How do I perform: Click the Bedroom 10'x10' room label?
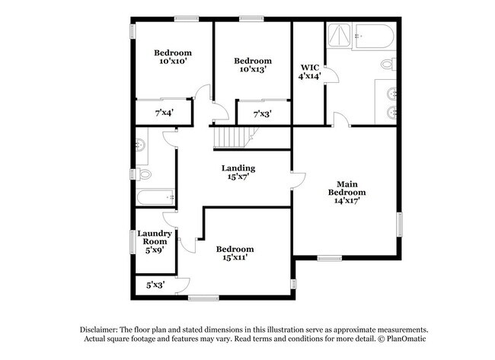[173, 57]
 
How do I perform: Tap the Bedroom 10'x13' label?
[252, 65]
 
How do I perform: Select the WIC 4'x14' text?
[308, 72]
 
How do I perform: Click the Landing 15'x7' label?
[238, 172]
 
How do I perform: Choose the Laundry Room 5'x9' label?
[149, 241]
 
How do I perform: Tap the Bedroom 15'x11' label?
[235, 253]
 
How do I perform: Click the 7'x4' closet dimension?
[164, 113]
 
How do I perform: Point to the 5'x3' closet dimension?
[155, 285]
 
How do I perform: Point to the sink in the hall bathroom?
[141, 146]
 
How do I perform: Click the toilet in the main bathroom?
[388, 63]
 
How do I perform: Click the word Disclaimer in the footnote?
[104, 329]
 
